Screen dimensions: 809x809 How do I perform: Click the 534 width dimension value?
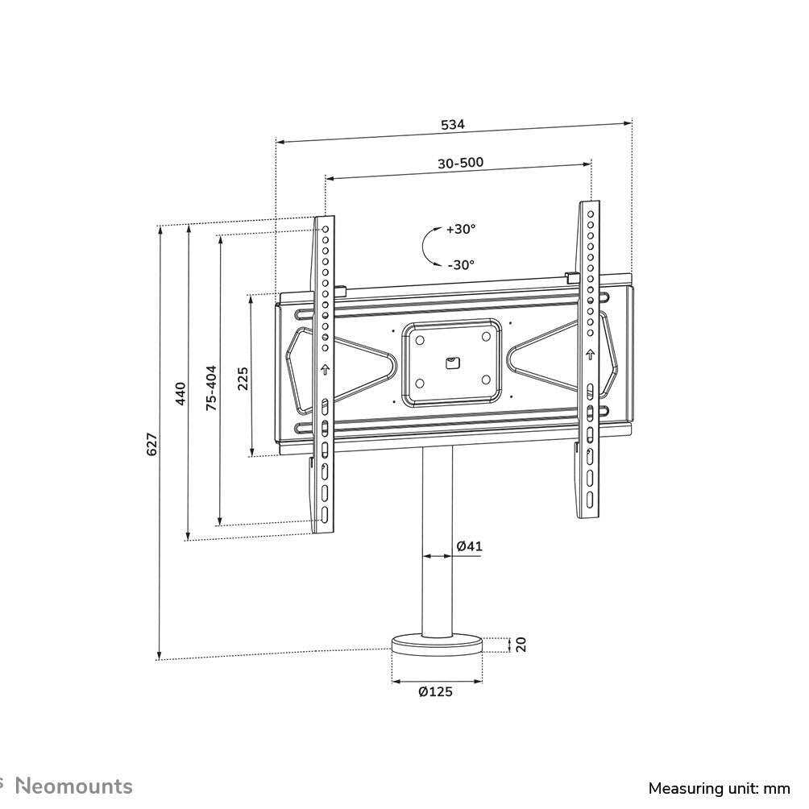coord(453,125)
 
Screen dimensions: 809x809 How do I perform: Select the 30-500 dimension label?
coord(460,163)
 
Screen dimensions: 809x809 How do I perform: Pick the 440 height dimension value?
coord(180,393)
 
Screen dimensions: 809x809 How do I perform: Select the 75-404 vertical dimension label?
coord(211,388)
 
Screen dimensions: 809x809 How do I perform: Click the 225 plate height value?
coord(243,377)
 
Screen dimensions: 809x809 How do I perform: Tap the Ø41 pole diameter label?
coord(469,546)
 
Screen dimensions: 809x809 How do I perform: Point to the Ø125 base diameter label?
coord(436,691)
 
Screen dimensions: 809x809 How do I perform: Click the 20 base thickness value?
coord(521,644)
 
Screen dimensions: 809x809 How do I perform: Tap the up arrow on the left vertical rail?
coord(326,371)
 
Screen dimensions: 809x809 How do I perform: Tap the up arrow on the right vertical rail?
coord(590,355)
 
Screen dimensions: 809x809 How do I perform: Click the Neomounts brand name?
coord(75,786)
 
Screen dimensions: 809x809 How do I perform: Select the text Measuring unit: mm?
coord(720,787)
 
